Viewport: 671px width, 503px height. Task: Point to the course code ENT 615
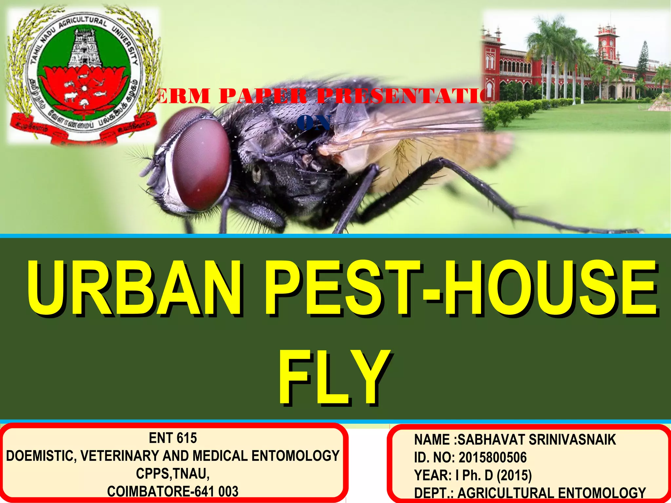pos(173,438)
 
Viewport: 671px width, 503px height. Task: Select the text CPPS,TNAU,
pos(173,474)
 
